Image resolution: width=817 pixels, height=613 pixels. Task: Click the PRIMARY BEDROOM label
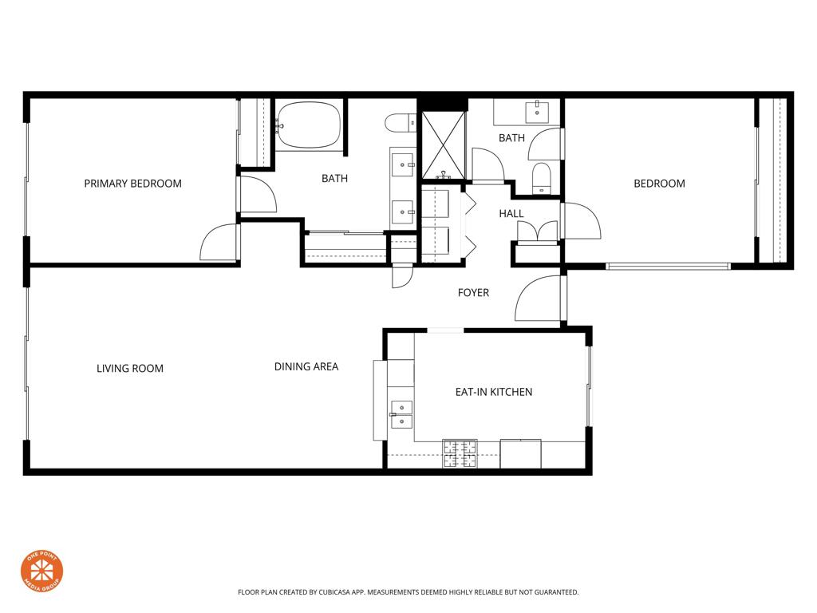(x=132, y=184)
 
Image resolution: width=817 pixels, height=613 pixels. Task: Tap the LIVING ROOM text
(x=130, y=368)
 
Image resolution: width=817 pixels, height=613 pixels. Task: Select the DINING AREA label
(x=306, y=366)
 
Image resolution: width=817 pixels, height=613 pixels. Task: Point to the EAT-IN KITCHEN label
(x=493, y=392)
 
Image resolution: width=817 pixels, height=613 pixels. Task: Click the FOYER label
(x=473, y=293)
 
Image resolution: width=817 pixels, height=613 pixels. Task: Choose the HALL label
(x=511, y=213)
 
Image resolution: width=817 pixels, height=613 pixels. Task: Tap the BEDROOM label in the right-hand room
(x=659, y=184)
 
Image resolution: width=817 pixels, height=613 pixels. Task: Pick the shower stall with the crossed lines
(x=443, y=144)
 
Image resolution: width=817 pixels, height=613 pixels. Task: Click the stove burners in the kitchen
(x=460, y=453)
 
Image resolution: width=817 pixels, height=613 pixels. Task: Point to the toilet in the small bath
(x=541, y=177)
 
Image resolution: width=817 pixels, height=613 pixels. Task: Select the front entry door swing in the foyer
(x=539, y=299)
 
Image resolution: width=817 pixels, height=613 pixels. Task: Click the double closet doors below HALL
(x=537, y=231)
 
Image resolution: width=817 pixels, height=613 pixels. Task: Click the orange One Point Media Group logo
(x=41, y=571)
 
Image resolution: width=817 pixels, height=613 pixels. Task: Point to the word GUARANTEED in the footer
(x=551, y=592)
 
